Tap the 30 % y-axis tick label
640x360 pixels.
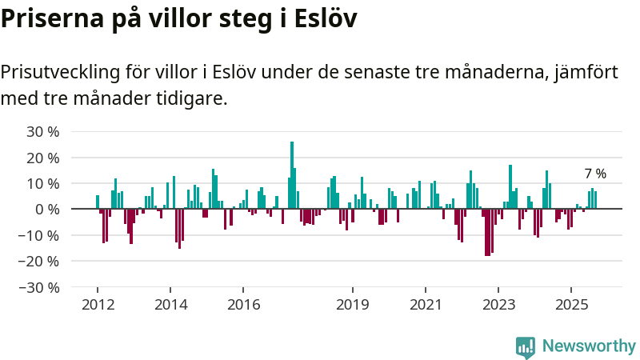click(44, 132)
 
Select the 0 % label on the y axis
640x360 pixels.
click(47, 210)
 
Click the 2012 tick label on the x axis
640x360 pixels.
click(98, 305)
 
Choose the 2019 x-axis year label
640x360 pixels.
click(352, 305)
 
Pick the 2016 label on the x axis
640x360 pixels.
click(244, 305)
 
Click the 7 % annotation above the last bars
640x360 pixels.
click(595, 174)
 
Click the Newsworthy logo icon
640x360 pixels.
click(526, 346)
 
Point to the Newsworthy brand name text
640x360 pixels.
click(589, 346)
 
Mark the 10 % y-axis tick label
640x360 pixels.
click(44, 184)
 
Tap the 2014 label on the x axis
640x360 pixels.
click(170, 305)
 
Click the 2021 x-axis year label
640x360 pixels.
click(426, 305)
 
